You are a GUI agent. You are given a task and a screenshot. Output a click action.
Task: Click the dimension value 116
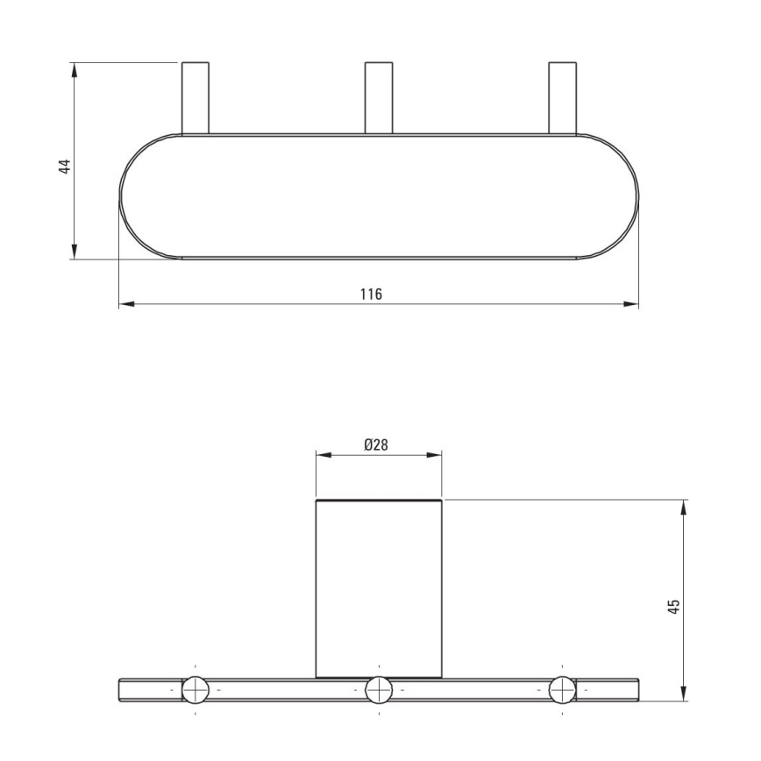pyautogui.click(x=371, y=294)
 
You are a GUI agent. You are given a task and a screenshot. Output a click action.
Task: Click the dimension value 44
pyautogui.click(x=65, y=166)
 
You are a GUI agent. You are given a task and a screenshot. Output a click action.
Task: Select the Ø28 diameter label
pyautogui.click(x=376, y=445)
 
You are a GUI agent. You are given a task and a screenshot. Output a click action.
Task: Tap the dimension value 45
pyautogui.click(x=673, y=606)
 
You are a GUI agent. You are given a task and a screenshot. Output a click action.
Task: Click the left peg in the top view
pyautogui.click(x=196, y=97)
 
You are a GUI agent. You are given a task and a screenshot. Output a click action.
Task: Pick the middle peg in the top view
pyautogui.click(x=379, y=97)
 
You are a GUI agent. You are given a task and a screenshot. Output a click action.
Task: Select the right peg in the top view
pyautogui.click(x=563, y=97)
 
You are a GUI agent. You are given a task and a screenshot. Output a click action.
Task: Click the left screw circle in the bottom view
pyautogui.click(x=196, y=689)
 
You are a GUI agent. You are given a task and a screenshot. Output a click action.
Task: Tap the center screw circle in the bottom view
pyautogui.click(x=379, y=689)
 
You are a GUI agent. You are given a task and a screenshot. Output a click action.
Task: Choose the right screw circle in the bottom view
pyautogui.click(x=562, y=689)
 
